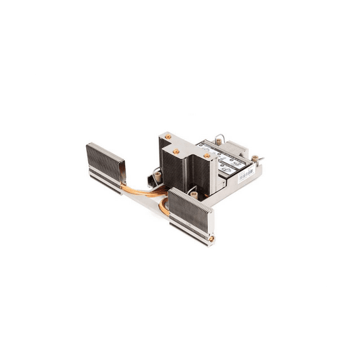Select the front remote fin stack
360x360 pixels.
click(x=191, y=212)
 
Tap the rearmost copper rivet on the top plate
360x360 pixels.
click(x=167, y=136)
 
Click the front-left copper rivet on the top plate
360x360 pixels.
click(x=176, y=151)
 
